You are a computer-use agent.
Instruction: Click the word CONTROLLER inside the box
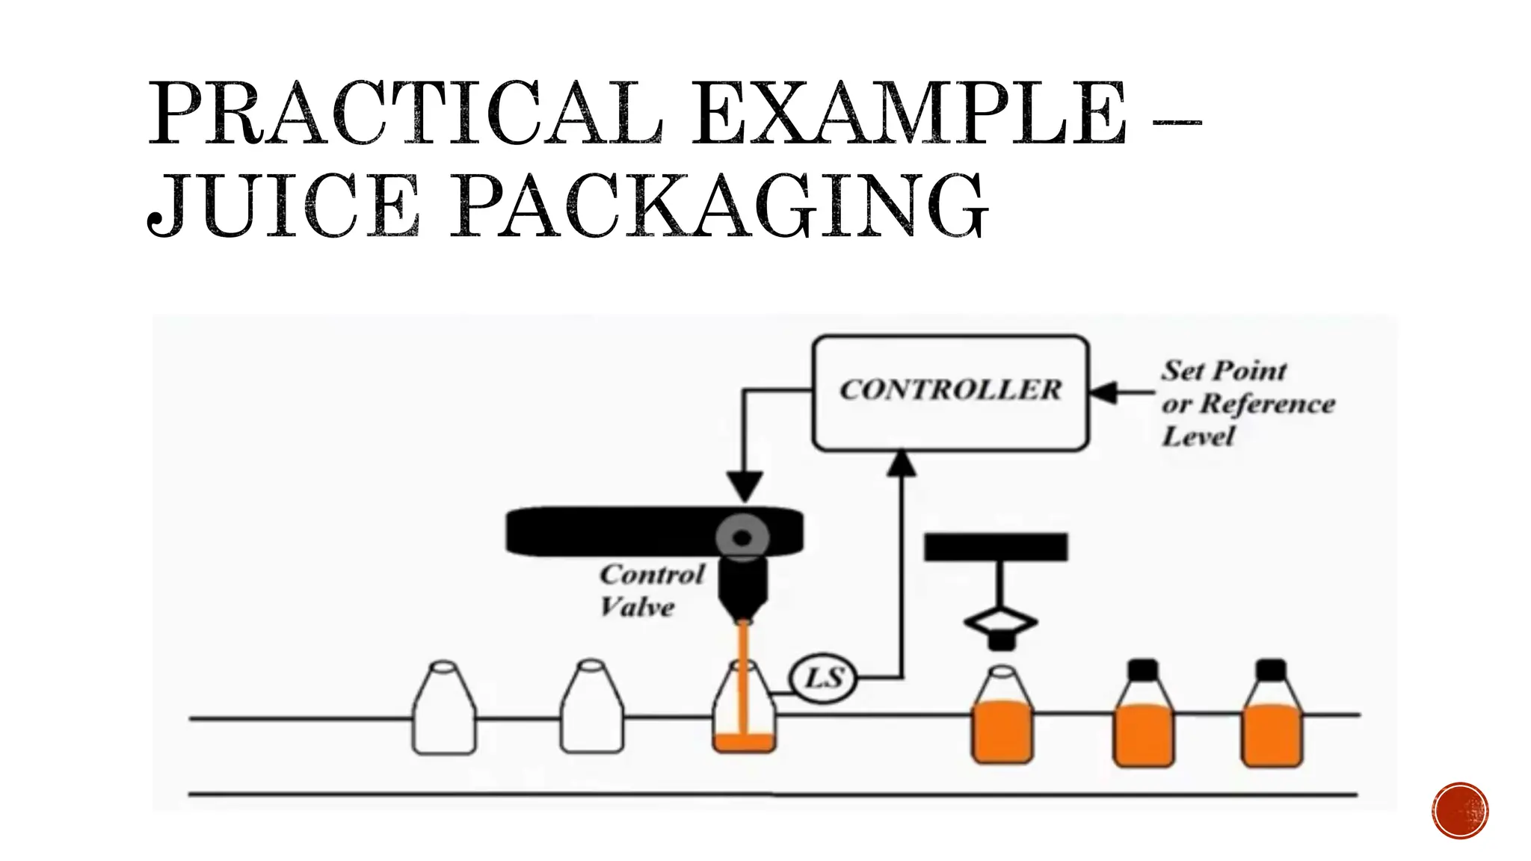(950, 390)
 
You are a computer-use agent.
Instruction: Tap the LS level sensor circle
(823, 678)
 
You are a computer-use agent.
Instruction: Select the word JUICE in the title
(283, 206)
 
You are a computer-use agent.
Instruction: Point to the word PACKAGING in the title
(718, 206)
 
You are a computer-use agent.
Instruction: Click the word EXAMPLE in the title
(908, 114)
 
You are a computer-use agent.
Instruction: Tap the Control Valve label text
(650, 590)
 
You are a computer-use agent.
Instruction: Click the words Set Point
(1224, 370)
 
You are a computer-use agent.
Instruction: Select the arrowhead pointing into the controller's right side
(1104, 392)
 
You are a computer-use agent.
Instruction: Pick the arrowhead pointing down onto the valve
(745, 487)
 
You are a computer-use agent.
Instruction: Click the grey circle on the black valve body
(742, 537)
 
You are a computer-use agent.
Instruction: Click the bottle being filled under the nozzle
(744, 710)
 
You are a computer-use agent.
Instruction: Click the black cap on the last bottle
(1271, 670)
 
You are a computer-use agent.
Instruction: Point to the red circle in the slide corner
(1460, 811)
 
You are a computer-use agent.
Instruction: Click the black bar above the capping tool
(996, 547)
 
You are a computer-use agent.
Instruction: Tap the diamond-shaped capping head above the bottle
(1000, 623)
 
